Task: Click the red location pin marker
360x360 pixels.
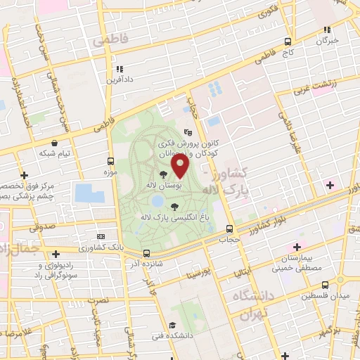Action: point(181,166)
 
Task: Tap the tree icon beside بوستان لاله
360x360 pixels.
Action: point(163,173)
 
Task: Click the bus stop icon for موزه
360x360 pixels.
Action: point(110,161)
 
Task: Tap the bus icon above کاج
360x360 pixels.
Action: point(288,41)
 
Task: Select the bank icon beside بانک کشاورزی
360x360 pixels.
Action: point(101,237)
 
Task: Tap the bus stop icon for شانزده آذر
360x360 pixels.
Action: point(146,253)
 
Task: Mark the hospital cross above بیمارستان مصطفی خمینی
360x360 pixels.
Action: point(297,247)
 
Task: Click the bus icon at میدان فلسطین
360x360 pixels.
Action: point(324,285)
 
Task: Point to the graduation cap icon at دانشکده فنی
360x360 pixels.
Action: point(172,325)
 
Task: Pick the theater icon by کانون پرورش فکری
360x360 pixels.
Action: point(187,131)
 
